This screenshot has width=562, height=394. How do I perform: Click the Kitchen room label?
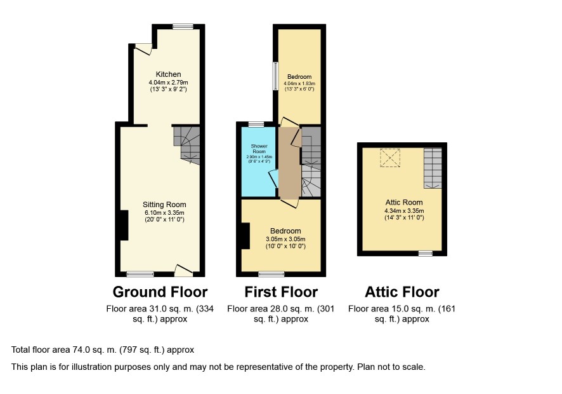[x=168, y=74]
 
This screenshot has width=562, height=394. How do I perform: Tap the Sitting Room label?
[x=164, y=205]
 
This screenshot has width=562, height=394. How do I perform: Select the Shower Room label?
[x=259, y=149]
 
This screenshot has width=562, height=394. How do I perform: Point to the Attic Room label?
[x=404, y=202]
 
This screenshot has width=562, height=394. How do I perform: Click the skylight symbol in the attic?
[x=390, y=158]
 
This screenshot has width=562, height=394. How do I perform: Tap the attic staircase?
[x=433, y=168]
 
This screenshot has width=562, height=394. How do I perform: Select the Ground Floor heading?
[x=160, y=292]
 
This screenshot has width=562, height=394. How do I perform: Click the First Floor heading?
[x=281, y=292]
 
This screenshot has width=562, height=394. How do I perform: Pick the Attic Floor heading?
[x=402, y=292]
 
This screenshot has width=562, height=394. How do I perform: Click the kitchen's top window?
[x=183, y=27]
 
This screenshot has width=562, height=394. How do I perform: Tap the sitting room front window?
[x=140, y=274]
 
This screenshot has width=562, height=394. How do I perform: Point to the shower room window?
[x=256, y=125]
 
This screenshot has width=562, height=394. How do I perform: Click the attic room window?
[x=426, y=254]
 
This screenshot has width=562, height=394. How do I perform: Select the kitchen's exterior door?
[x=144, y=49]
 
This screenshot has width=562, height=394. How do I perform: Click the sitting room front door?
[x=183, y=271]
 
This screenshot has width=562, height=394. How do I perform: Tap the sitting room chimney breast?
[x=124, y=225]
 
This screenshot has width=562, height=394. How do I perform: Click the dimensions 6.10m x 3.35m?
[x=164, y=213]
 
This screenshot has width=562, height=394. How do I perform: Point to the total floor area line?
[x=103, y=350]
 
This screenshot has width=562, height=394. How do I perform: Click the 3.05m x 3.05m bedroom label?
[x=285, y=238]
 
